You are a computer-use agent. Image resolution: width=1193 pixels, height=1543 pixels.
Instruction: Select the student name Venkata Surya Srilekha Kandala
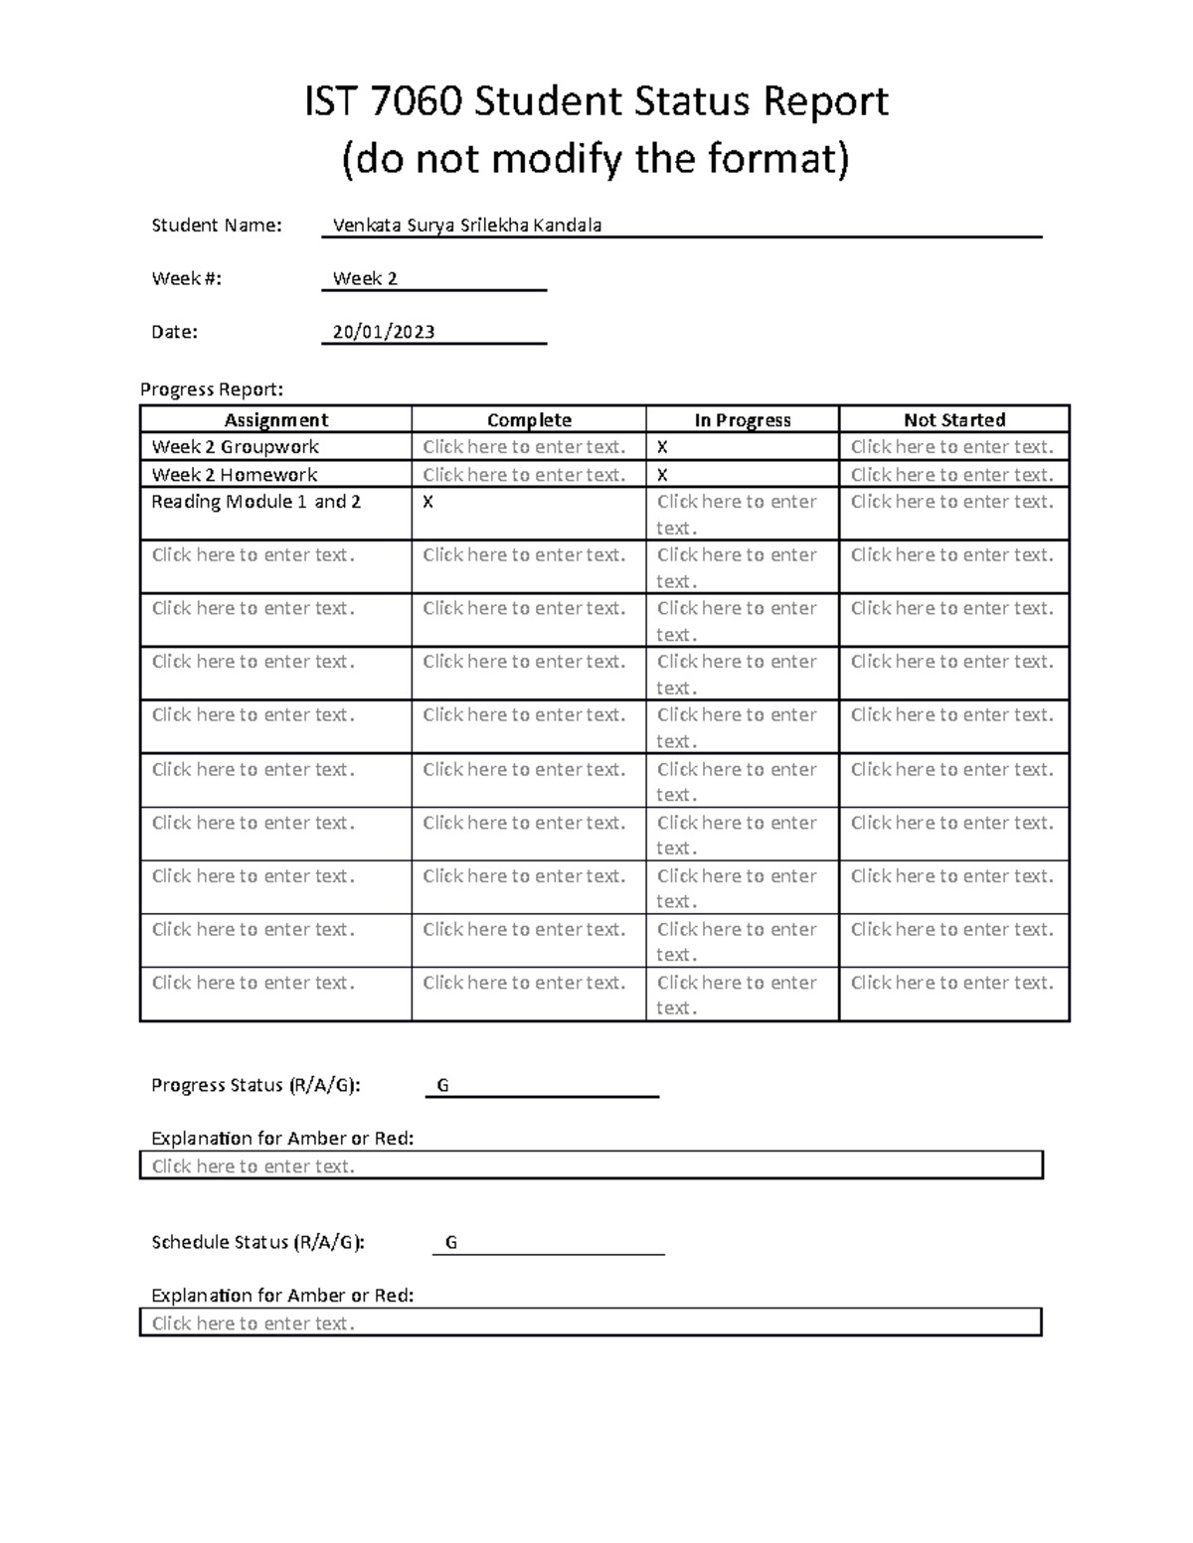(x=466, y=226)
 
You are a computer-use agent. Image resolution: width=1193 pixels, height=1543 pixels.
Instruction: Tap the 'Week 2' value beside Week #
(x=365, y=279)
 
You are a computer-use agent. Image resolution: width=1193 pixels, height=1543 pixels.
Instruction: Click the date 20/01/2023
(x=384, y=332)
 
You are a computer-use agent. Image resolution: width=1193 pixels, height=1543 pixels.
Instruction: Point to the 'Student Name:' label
(x=216, y=226)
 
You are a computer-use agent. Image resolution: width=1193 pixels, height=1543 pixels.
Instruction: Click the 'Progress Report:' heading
(x=212, y=389)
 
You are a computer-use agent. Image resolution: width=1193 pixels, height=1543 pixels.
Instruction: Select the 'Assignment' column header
(x=275, y=420)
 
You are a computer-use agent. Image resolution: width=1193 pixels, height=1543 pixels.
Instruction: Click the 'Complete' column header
(x=529, y=420)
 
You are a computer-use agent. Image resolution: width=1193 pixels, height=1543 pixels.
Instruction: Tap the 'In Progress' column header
(x=742, y=420)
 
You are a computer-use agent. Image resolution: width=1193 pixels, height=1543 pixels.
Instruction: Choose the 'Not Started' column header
(x=953, y=420)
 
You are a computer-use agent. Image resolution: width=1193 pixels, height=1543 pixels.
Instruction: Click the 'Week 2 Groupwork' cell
(x=235, y=447)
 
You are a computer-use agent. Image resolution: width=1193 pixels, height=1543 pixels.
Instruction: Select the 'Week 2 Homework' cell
(x=234, y=475)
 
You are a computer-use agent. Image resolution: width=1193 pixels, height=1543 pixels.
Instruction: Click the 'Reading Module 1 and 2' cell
(x=256, y=502)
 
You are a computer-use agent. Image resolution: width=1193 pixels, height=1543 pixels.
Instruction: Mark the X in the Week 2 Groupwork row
(x=662, y=448)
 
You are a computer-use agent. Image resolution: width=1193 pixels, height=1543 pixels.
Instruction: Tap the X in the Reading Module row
(x=427, y=503)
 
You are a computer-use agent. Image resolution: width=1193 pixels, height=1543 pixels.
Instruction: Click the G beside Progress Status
(x=442, y=1086)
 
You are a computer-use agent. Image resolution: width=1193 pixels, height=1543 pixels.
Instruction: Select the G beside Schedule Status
(x=450, y=1243)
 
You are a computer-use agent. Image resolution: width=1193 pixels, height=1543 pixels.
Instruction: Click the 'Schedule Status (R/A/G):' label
(x=257, y=1243)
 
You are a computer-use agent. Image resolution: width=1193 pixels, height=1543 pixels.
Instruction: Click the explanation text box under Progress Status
(x=591, y=1166)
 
